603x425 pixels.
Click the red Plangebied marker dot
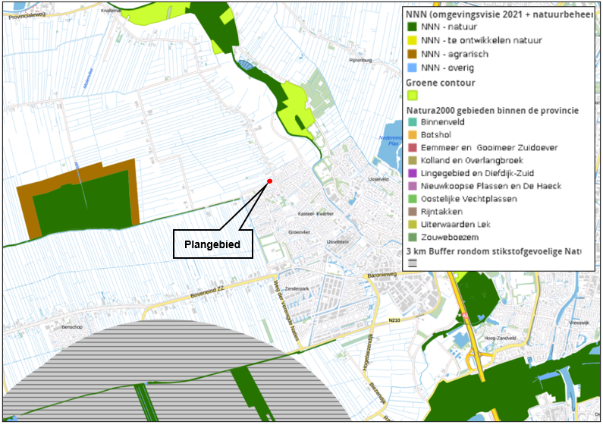269,181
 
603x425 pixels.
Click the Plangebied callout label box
212,244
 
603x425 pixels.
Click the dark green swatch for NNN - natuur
413,27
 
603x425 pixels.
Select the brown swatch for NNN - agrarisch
413,54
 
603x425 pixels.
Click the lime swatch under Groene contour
413,96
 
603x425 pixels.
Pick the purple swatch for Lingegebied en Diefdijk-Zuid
413,173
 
